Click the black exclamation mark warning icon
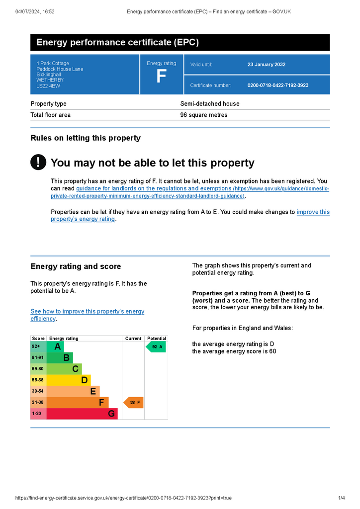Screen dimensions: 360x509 (x=38, y=162)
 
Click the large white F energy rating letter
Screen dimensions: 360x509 (x=161, y=76)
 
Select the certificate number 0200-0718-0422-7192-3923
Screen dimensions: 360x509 (x=278, y=85)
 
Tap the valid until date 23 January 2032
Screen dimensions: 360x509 (x=267, y=65)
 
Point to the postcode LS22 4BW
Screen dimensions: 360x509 (x=48, y=86)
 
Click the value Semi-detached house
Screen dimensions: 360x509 (x=210, y=103)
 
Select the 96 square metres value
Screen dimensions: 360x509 (x=204, y=115)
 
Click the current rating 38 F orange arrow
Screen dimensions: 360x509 (x=133, y=403)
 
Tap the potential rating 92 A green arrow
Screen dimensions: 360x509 (x=156, y=346)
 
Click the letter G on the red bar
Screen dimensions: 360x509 (x=111, y=414)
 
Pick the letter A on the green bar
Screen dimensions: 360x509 (x=58, y=346)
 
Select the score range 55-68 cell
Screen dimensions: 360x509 (x=38, y=380)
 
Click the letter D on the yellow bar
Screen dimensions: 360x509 (x=85, y=380)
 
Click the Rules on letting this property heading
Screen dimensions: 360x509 (x=86, y=138)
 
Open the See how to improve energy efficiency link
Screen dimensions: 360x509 (x=88, y=315)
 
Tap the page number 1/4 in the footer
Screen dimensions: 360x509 (x=342, y=498)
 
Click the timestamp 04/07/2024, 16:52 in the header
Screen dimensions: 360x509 (x=35, y=12)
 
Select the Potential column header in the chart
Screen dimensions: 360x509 (x=157, y=338)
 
